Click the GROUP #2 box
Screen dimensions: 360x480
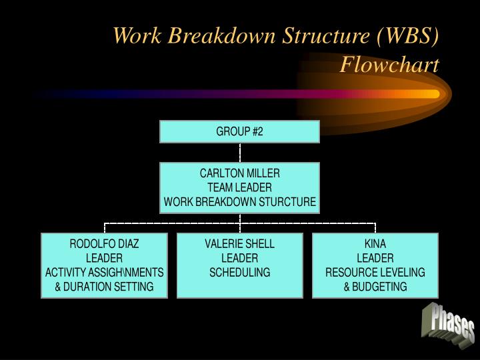pos(239,131)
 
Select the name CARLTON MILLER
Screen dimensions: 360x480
pos(239,173)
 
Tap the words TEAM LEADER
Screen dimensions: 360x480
pos(239,187)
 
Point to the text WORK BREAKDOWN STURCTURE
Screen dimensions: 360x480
pos(239,201)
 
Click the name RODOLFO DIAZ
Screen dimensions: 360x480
pos(104,244)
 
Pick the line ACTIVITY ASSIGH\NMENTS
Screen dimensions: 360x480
pos(104,272)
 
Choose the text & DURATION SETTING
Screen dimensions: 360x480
pos(104,287)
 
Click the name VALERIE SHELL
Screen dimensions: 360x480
pos(239,244)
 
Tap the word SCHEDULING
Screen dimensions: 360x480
pos(239,272)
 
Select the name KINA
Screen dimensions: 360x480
pos(375,244)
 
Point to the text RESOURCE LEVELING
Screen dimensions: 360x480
pos(375,272)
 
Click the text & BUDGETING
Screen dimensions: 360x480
pos(375,287)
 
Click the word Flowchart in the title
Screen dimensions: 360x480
pos(389,65)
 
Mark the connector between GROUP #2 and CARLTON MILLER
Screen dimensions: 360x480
pos(239,153)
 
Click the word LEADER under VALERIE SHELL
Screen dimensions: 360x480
pos(239,258)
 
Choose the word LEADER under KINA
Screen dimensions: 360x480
pos(375,258)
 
